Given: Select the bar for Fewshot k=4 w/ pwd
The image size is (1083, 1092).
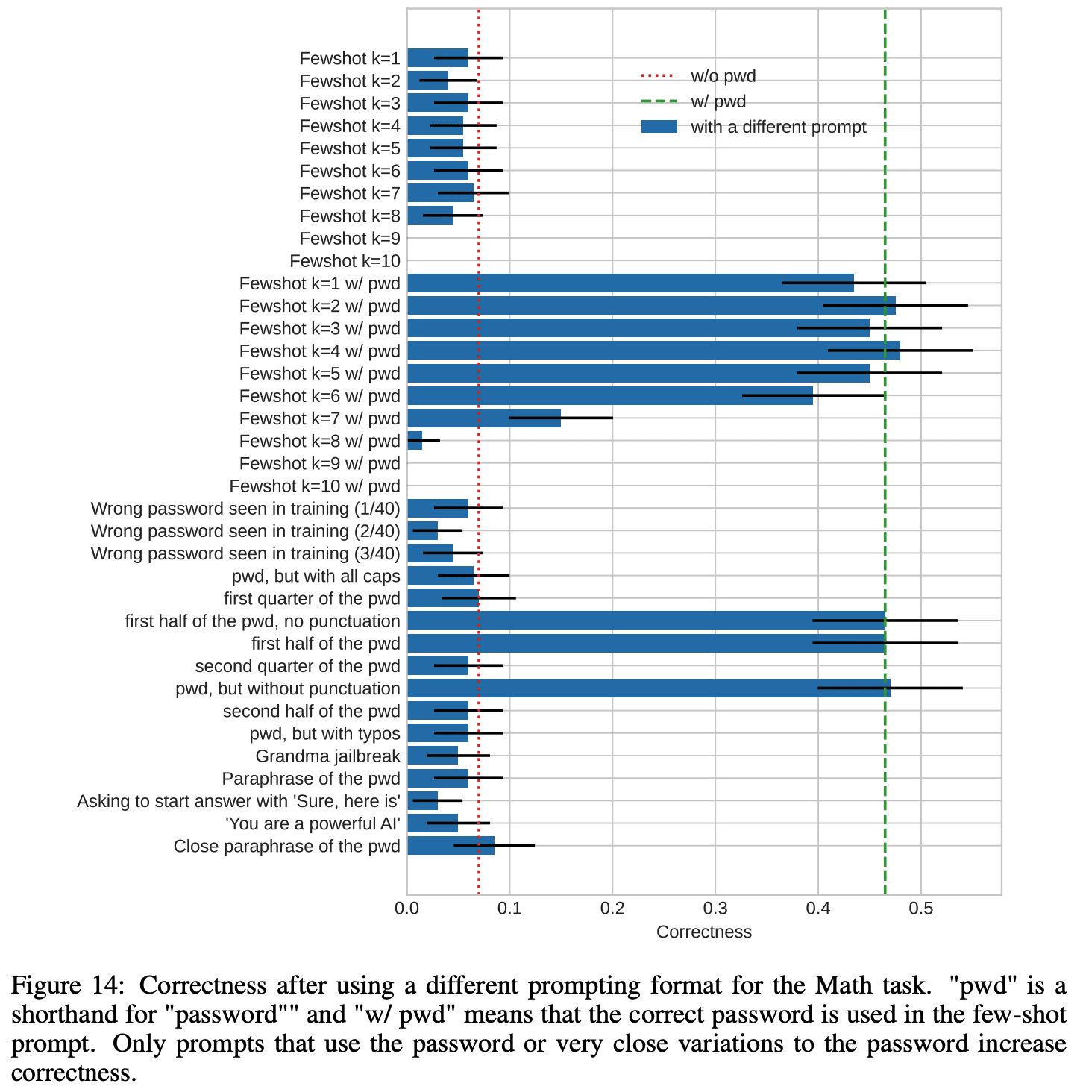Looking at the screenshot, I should coord(653,351).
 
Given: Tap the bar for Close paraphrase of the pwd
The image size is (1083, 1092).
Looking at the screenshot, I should coord(451,846).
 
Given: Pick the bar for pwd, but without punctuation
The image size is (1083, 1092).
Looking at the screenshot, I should coord(648,688).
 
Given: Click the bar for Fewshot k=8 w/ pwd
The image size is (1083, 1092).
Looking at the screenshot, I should coord(415,441).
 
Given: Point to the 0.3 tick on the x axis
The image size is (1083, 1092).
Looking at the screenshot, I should coord(715,909).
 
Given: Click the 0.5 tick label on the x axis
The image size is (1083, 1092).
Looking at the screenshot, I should coord(921,909).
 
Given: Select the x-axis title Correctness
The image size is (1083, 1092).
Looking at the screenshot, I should coord(704,932).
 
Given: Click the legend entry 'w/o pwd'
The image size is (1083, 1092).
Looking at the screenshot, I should coord(723,75).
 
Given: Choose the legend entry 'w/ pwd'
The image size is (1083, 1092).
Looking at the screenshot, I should coord(718,101).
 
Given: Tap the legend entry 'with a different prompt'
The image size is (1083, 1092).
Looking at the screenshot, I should coord(778,127).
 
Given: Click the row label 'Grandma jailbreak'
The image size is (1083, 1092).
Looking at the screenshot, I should coord(327,756).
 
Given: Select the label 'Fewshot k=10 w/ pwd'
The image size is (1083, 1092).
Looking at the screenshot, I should coord(315,486).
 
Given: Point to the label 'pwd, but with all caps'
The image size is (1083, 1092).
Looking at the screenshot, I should coord(316,577).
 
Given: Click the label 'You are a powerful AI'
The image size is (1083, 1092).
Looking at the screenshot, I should coord(313,823).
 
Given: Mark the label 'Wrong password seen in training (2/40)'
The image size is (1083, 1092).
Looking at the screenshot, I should coord(245,531).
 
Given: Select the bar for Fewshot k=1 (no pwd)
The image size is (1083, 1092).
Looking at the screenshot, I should coord(437,58).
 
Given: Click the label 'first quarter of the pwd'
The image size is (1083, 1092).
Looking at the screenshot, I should coord(312,599).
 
